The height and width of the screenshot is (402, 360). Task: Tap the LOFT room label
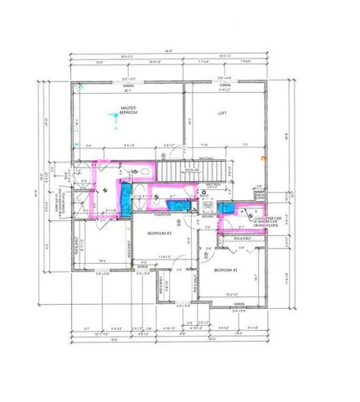pyautogui.click(x=222, y=113)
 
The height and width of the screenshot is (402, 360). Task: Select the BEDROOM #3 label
pyautogui.click(x=159, y=233)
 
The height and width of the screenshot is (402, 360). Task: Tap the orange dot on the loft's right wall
pyautogui.click(x=263, y=157)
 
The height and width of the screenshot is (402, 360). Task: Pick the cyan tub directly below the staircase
pyautogui.click(x=178, y=202)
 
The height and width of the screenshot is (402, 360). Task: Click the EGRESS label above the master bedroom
pyautogui.click(x=131, y=85)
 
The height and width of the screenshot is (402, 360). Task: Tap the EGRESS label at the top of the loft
pyautogui.click(x=225, y=85)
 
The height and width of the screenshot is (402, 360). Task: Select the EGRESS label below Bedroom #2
pyautogui.click(x=228, y=304)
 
